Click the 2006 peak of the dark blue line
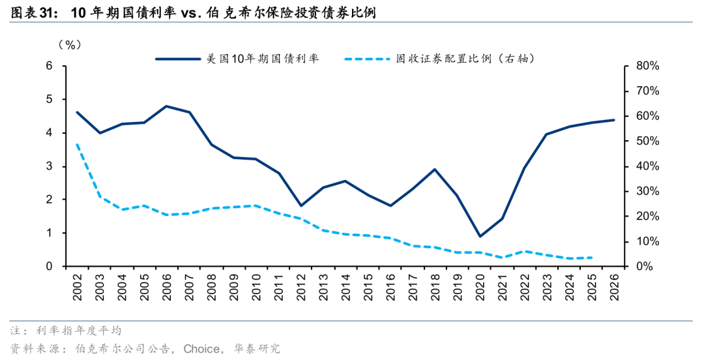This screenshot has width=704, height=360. pyautogui.click(x=167, y=106)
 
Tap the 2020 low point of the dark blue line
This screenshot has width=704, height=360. pyautogui.click(x=480, y=236)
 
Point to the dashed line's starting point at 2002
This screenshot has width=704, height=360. pyautogui.click(x=77, y=145)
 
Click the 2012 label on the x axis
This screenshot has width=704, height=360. pyautogui.click(x=301, y=287)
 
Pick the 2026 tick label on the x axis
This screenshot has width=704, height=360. pyautogui.click(x=614, y=287)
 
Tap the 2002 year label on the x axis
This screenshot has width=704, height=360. pyautogui.click(x=77, y=287)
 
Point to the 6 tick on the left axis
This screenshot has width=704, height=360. pyautogui.click(x=50, y=66)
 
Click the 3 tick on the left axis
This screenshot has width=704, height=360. pyautogui.click(x=50, y=166)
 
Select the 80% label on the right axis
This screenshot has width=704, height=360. pyautogui.click(x=647, y=67)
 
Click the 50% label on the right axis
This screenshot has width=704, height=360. pyautogui.click(x=647, y=142)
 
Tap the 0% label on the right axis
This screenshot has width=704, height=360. pyautogui.click(x=645, y=267)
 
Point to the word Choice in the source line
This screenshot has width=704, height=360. pyautogui.click(x=201, y=349)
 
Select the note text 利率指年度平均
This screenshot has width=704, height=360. pyautogui.click(x=79, y=331)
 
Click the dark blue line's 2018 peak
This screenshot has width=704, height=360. pyautogui.click(x=435, y=170)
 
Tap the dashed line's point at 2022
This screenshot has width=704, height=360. pyautogui.click(x=525, y=252)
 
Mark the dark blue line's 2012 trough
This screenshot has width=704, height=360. pyautogui.click(x=301, y=206)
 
